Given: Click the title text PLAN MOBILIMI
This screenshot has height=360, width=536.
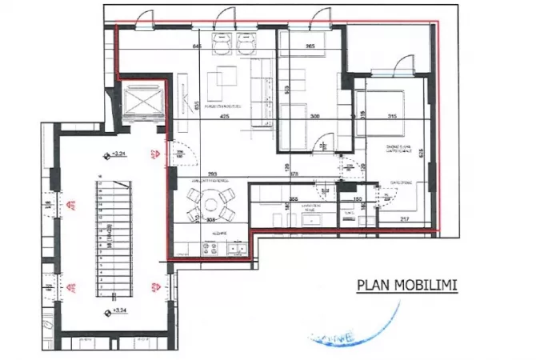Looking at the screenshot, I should [x=406, y=284].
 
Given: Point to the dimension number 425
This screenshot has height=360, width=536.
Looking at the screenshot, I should [x=225, y=117].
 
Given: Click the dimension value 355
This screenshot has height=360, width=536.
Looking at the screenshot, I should [x=294, y=199].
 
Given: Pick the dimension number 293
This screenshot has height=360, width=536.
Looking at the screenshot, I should [x=211, y=174].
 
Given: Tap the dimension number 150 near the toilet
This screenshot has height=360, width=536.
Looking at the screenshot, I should [x=358, y=199].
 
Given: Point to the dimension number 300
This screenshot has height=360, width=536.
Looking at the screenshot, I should [x=314, y=117].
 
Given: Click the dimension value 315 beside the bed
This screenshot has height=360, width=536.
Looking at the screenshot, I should [x=391, y=118].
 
